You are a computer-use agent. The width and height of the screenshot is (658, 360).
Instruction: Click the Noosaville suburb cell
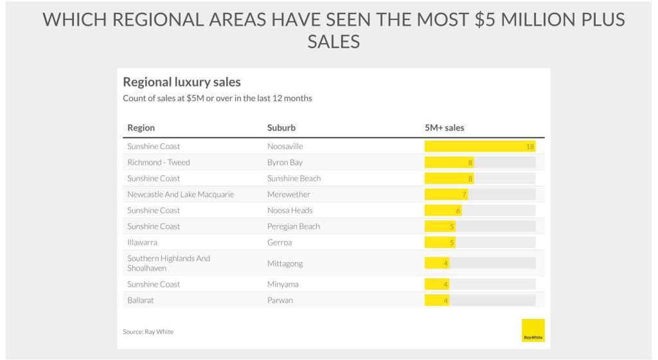pyautogui.click(x=285, y=147)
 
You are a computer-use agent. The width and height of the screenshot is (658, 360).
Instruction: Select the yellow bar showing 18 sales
pyautogui.click(x=479, y=147)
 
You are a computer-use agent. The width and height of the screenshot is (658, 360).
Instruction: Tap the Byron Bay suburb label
pyautogui.click(x=285, y=163)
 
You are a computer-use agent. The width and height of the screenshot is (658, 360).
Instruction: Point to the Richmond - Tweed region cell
pyautogui.click(x=159, y=163)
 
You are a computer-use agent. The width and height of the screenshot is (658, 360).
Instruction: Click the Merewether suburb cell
pyautogui.click(x=289, y=194)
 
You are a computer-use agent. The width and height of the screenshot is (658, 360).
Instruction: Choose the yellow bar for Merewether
pyautogui.click(x=446, y=194)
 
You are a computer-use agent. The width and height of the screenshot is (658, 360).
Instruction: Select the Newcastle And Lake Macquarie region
pyautogui.click(x=181, y=194)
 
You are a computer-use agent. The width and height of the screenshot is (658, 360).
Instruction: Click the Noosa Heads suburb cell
pyautogui.click(x=290, y=210)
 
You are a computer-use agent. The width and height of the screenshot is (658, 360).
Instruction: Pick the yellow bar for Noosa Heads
pyautogui.click(x=443, y=210)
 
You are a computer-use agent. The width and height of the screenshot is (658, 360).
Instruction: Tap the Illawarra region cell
pyautogui.click(x=142, y=242)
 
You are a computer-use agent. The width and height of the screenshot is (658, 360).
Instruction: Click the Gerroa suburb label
pyautogui.click(x=280, y=242)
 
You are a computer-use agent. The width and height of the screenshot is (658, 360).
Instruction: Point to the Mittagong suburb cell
pyautogui.click(x=285, y=263)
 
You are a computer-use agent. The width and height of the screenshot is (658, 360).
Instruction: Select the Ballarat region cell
pyautogui.click(x=140, y=300)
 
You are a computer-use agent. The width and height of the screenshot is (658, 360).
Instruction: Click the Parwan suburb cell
pyautogui.click(x=280, y=300)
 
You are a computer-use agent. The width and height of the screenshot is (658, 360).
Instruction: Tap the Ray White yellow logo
pyautogui.click(x=533, y=330)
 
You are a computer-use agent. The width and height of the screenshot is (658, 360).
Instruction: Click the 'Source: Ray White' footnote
pyautogui.click(x=148, y=332)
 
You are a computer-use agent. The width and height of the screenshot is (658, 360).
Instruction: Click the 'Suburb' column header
pyautogui.click(x=281, y=127)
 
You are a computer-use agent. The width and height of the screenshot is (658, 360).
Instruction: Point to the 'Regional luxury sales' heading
pyautogui.click(x=181, y=82)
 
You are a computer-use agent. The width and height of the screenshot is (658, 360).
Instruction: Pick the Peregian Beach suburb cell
pyautogui.click(x=293, y=226)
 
